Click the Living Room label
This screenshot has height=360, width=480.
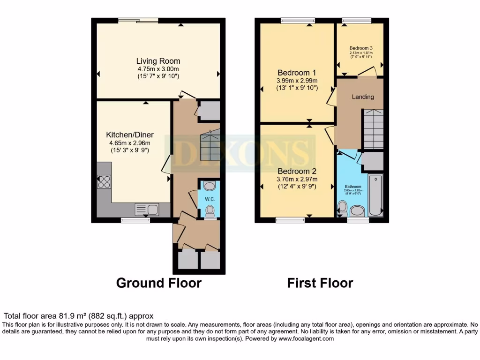158,61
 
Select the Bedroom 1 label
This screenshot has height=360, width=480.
297,73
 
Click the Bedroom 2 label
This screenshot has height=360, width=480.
297,171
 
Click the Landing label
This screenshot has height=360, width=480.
363,97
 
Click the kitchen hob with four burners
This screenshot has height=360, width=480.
104,181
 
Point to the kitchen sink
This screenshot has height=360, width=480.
147,210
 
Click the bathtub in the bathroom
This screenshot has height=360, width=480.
376,195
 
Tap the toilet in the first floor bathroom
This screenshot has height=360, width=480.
343,207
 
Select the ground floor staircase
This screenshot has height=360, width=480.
210,145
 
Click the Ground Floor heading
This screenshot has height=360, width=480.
158,283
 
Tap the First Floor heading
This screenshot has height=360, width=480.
320,283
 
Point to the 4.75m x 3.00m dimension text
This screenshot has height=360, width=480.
158,68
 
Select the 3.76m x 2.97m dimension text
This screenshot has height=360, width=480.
297,179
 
